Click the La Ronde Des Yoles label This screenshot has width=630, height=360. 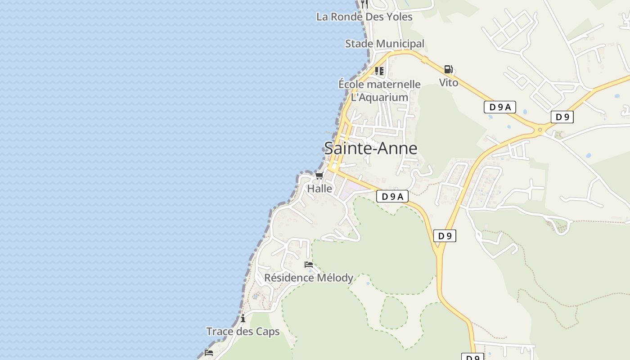tap(364, 17)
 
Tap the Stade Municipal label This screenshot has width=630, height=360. tap(384, 44)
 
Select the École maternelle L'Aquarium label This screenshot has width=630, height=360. tap(379, 90)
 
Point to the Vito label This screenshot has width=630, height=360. tap(449, 83)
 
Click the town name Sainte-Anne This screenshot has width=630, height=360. tap(370, 148)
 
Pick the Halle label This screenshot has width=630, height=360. tap(319, 189)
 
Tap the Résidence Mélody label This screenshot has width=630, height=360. tap(309, 278)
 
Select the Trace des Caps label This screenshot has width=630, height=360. tap(243, 332)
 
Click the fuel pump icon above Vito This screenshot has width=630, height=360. tap(448, 69)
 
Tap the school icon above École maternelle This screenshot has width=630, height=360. tap(379, 71)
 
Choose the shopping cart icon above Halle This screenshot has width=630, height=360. tap(319, 175)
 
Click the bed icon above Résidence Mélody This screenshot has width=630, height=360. tap(309, 265)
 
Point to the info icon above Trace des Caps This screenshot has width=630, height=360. tap(243, 319)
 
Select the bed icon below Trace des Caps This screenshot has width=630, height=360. tap(209, 352)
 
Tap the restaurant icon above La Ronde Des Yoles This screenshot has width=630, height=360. tap(364, 4)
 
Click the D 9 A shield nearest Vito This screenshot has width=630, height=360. tap(499, 107)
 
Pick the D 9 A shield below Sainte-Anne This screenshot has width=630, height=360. tap(392, 196)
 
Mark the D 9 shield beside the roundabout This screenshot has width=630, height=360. tap(562, 117)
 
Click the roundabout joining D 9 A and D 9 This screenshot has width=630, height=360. tap(540, 130)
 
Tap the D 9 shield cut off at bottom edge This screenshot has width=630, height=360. tap(472, 357)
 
